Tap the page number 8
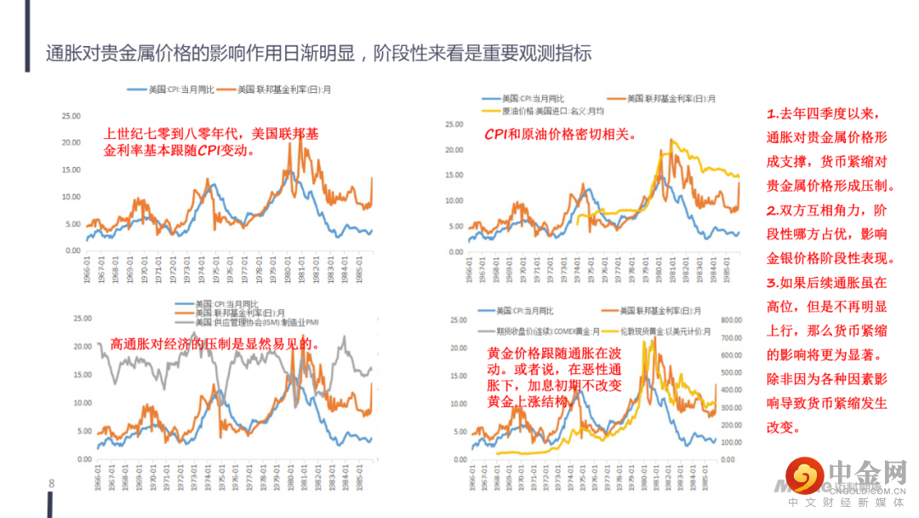coord(51,484)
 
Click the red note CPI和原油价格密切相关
coord(561,134)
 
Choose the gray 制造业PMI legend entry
coord(254,322)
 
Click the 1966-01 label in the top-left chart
coord(88,271)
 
